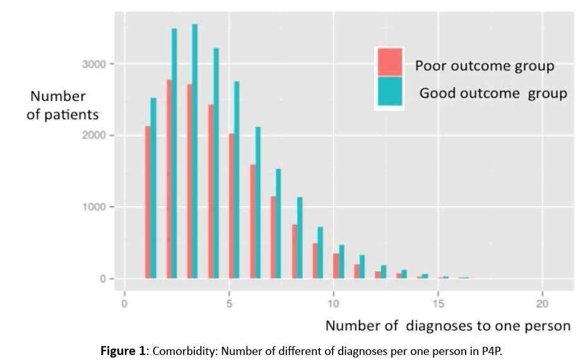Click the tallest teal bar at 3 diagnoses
195,151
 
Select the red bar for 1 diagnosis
148,202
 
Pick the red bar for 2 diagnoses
169,179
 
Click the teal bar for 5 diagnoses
237,180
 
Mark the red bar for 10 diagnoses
336,265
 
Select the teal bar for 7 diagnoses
278,223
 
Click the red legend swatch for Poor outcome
389,62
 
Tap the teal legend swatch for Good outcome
389,92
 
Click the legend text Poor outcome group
485,66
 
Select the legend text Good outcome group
493,93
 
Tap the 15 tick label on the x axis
438,303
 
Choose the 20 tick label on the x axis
542,303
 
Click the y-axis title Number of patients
62,105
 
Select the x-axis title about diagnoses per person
447,326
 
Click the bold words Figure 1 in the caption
122,351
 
